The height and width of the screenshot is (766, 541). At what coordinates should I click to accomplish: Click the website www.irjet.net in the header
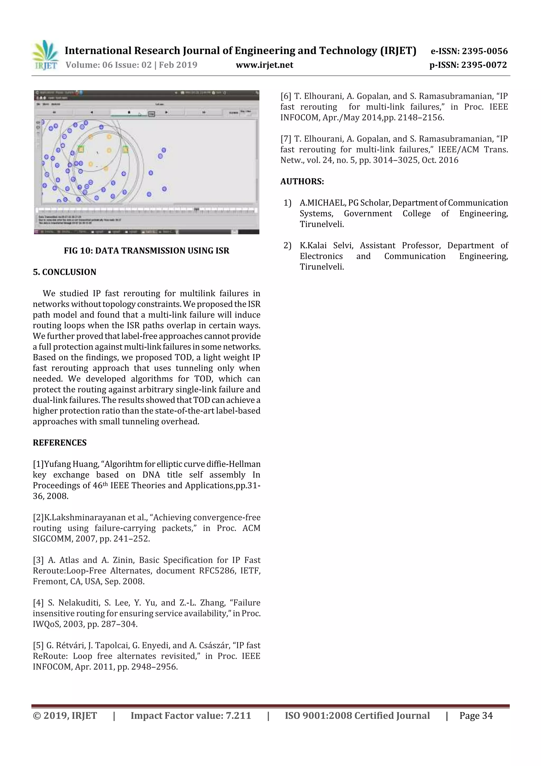pyautogui.click(x=264, y=65)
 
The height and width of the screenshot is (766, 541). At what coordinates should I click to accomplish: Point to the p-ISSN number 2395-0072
pyautogui.click(x=484, y=65)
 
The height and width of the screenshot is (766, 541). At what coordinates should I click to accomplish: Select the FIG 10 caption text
pyautogui.click(x=146, y=251)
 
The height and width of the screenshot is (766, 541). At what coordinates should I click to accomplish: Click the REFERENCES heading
pyautogui.click(x=60, y=443)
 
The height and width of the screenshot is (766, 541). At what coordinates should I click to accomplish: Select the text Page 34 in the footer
pyautogui.click(x=476, y=715)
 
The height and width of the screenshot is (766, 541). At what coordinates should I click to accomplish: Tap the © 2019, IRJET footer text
pyautogui.click(x=65, y=715)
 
